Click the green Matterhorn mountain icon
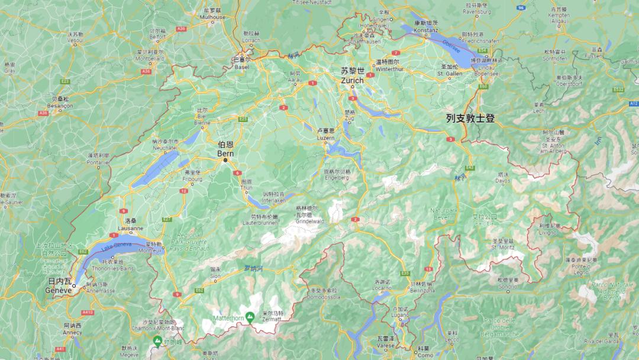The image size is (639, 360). coord(250,317)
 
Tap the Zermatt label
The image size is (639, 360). coord(272,319)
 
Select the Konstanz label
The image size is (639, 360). coord(425,29)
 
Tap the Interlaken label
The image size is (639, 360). coord(275,200)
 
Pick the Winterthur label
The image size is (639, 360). coord(388,67)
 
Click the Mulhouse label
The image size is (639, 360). coord(212,17)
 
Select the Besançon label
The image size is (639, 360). coord(60,105)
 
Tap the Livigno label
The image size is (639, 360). coord(548,232)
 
